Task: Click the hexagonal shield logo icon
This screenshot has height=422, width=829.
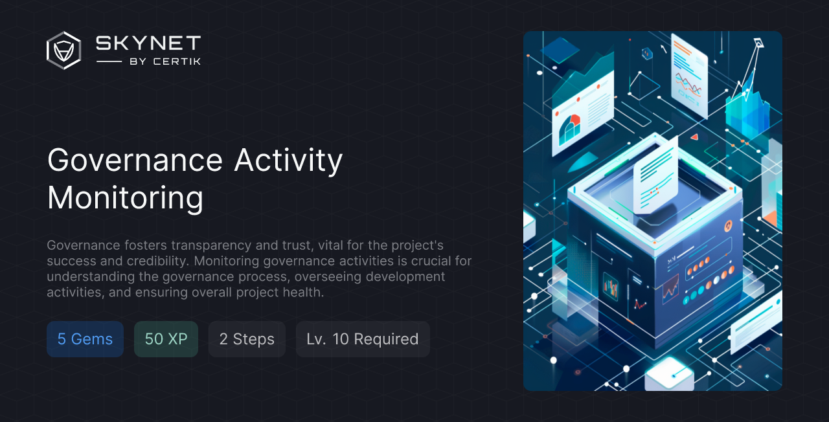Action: coord(63,50)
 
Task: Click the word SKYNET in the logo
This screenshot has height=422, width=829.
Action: coord(148,43)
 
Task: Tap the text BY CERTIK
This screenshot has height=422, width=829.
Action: coord(165,61)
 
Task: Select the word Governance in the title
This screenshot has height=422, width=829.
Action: coord(135,160)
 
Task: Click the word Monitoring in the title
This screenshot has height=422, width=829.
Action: coord(126,198)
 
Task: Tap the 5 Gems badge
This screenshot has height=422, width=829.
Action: coord(85,339)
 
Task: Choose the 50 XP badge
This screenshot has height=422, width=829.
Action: coord(166,339)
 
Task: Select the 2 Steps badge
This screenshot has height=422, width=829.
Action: coord(247,339)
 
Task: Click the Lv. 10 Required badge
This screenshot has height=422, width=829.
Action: coord(363,339)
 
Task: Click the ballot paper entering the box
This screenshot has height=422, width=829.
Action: coord(655,177)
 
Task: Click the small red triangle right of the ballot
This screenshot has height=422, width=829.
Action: coord(694,137)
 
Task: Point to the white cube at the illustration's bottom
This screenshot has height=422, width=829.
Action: coord(669,374)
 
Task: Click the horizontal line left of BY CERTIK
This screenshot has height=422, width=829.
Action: coord(109,61)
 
